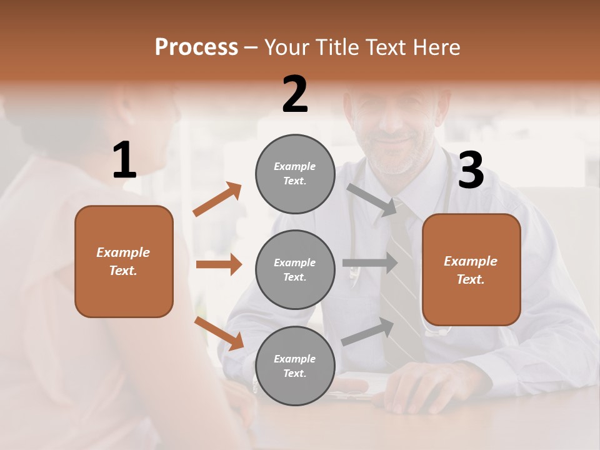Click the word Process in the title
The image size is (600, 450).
196,47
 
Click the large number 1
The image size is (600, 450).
124,161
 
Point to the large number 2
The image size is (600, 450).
295,94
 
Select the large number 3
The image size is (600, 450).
471,171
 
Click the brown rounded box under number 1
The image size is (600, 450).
124,261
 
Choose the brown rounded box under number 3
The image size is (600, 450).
471,269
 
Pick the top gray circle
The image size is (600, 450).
295,174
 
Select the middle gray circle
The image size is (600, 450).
295,269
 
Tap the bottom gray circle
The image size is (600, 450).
295,366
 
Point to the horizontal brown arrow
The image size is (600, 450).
219,264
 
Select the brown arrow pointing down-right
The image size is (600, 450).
219,333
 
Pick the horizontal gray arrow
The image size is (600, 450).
369,262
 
